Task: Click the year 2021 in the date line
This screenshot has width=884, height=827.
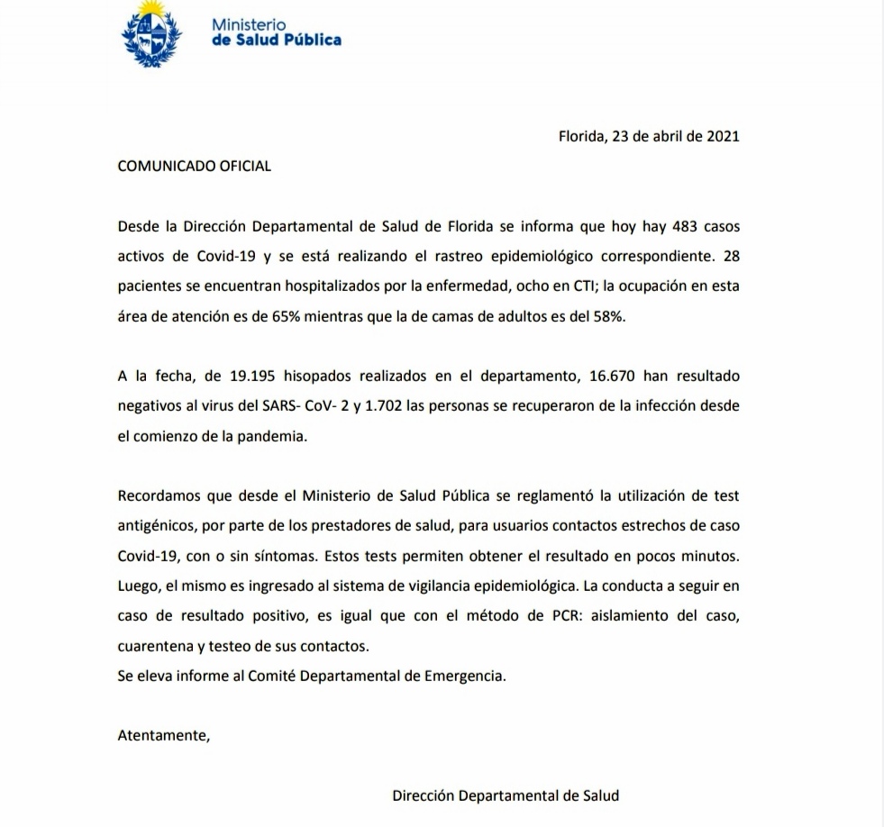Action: [x=723, y=137]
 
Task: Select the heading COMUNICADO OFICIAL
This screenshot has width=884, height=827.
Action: [x=195, y=167]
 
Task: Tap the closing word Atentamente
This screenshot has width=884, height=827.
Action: [x=163, y=734]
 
